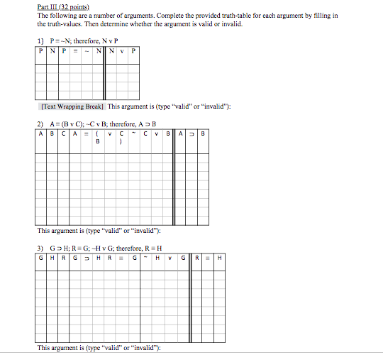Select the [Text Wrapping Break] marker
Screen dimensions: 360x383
72,107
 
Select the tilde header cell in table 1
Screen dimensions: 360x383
87,51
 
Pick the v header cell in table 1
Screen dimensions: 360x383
121,51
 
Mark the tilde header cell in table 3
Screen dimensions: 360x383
144,258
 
